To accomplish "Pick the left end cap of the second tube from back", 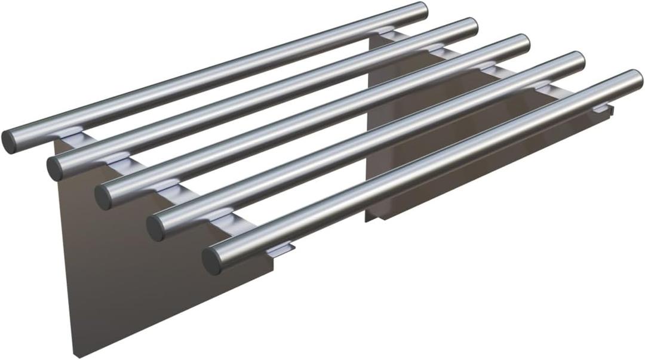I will point(56,168).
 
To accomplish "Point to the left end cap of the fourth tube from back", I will point(156,229).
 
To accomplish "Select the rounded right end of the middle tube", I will point(524,42).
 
